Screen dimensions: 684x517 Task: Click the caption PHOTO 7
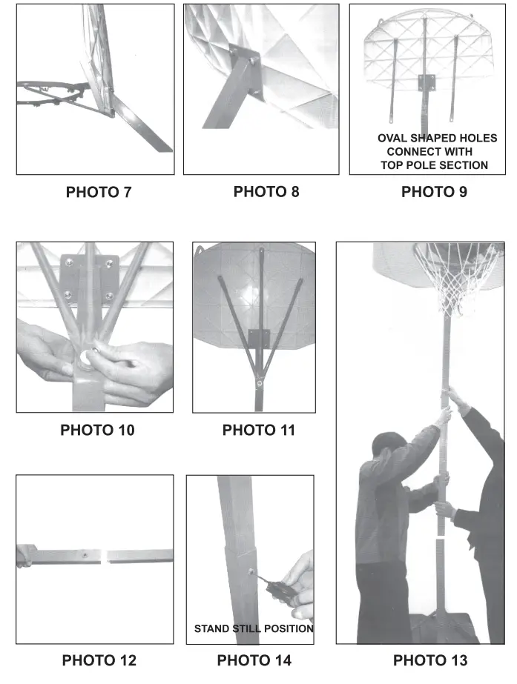(99, 192)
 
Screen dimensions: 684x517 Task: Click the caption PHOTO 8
(266, 192)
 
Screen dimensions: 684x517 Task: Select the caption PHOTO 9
(434, 192)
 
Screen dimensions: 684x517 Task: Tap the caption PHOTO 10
(97, 430)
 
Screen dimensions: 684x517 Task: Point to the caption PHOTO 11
(258, 430)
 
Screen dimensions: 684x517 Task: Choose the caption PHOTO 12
(99, 660)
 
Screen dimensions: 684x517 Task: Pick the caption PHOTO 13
(430, 660)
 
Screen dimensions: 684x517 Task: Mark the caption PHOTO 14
(254, 660)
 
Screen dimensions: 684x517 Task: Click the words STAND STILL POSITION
(254, 628)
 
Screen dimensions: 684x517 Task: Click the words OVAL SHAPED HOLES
(437, 139)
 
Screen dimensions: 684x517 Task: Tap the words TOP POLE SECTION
(434, 165)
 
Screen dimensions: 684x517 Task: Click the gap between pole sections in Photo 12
(105, 555)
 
